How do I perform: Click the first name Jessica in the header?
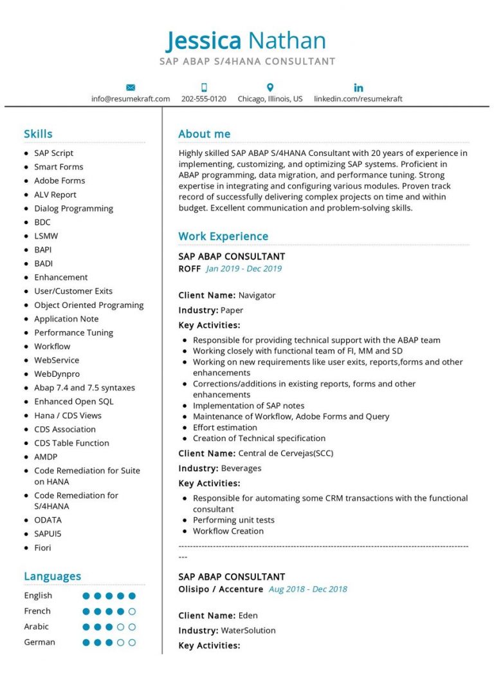point(204,41)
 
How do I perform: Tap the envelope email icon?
point(131,88)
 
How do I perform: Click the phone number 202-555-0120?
point(204,99)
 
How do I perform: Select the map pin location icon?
point(270,88)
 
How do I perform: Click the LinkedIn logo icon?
point(358,88)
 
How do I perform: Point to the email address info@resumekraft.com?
point(131,99)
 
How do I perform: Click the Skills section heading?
point(38,134)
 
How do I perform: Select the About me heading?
point(204,134)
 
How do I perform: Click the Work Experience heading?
point(223,236)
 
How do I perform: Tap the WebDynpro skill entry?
point(57,374)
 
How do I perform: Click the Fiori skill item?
point(42,547)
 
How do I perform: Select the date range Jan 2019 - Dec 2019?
point(244,269)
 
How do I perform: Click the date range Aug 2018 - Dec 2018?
point(307,589)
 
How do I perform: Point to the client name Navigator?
point(257,296)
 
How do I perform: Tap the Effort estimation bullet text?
point(224,428)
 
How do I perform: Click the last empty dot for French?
point(132,611)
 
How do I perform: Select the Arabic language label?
point(37,627)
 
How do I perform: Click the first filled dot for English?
point(86,596)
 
